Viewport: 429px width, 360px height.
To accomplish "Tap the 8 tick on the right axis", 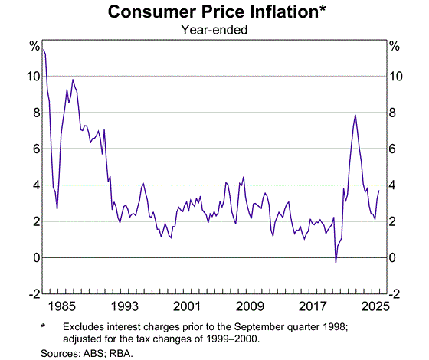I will (393, 113).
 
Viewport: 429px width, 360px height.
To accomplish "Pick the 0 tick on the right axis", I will (393, 258).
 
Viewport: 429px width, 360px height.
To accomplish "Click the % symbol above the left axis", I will (34, 47).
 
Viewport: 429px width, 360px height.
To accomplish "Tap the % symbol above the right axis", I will (394, 47).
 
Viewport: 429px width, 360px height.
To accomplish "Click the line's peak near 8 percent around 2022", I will (355, 115).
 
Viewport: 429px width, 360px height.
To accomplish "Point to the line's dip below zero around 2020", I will (336, 263).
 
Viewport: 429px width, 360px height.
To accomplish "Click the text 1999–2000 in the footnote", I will (227, 338).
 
